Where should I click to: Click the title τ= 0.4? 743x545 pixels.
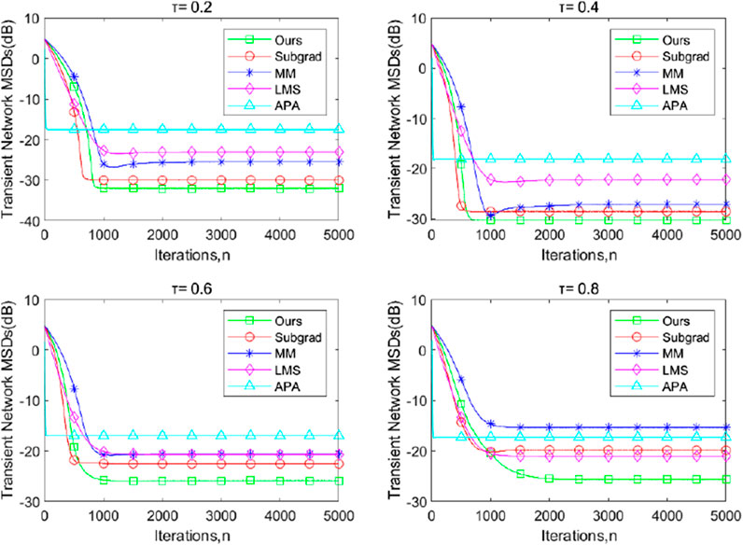[580, 7]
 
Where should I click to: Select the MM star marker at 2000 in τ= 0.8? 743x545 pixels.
[549, 427]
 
